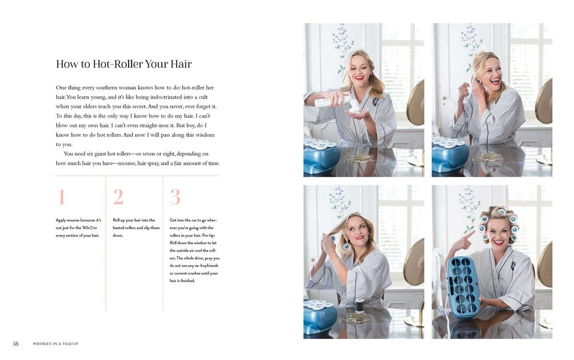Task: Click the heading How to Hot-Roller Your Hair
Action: tap(124, 64)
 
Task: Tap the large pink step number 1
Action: tap(61, 197)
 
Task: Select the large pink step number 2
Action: tap(118, 197)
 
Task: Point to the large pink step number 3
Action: tap(175, 197)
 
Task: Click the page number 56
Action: tap(15, 343)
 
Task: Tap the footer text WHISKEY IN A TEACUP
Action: tap(55, 343)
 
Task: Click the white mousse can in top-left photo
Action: tap(331, 101)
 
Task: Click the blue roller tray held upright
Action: tap(463, 287)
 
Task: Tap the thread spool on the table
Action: tap(360, 305)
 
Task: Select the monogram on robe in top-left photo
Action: tap(375, 102)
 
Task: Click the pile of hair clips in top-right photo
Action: tap(488, 157)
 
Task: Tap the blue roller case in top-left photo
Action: tap(321, 156)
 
